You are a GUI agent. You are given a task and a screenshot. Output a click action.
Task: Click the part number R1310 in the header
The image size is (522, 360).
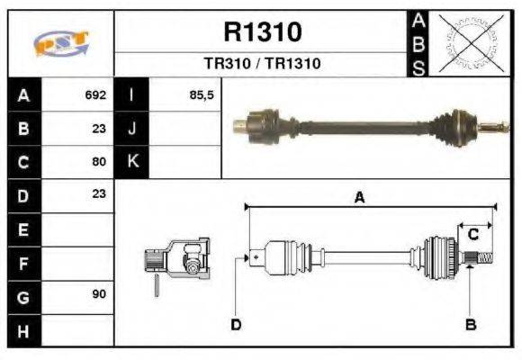pyautogui.click(x=262, y=32)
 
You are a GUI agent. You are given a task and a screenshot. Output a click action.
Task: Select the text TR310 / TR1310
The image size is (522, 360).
pyautogui.click(x=262, y=64)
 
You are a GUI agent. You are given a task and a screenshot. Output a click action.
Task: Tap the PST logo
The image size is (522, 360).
pyautogui.click(x=60, y=44)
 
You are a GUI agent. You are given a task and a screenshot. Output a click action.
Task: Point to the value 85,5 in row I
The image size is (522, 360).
pyautogui.click(x=201, y=94)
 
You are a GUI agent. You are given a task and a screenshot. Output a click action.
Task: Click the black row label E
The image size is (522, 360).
pyautogui.click(x=22, y=229)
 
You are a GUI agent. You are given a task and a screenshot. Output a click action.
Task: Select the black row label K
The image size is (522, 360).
pyautogui.click(x=132, y=162)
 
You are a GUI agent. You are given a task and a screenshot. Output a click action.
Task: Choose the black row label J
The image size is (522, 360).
pyautogui.click(x=132, y=128)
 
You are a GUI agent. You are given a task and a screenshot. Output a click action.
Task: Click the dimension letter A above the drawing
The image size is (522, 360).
pyautogui.click(x=359, y=198)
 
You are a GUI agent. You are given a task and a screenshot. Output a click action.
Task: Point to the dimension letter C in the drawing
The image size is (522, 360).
pyautogui.click(x=472, y=234)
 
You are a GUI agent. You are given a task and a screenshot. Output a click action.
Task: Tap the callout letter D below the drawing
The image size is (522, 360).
pyautogui.click(x=236, y=324)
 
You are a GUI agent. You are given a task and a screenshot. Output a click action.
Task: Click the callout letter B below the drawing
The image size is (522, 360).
pyautogui.click(x=470, y=324)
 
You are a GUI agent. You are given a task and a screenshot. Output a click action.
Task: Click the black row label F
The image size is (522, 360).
pyautogui.click(x=22, y=263)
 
